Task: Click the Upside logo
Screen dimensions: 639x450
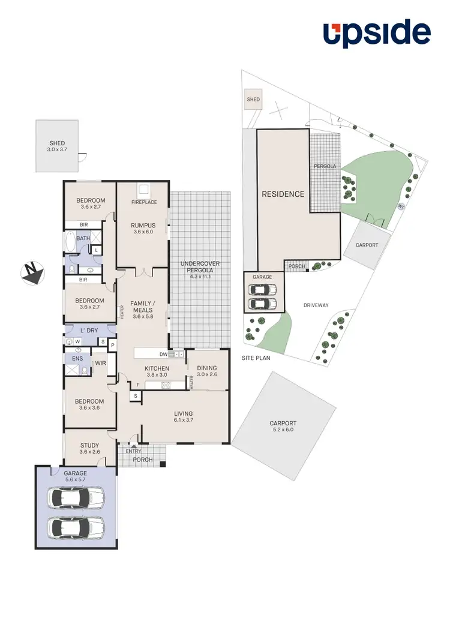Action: (377, 34)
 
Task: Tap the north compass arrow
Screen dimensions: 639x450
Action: (32, 273)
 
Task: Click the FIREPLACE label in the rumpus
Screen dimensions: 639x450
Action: (144, 202)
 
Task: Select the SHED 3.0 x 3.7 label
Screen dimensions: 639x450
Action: (57, 147)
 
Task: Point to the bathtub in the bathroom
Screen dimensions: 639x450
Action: (71, 242)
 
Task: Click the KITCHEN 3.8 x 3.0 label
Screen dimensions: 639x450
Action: (157, 372)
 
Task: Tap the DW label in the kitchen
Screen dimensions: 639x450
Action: (163, 355)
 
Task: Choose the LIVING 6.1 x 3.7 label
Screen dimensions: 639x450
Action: (184, 417)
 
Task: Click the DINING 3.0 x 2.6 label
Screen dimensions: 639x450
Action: (207, 372)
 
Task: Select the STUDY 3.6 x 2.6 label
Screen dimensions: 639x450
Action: (89, 449)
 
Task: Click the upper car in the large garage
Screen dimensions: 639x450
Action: (76, 497)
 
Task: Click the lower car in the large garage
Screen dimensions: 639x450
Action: (76, 528)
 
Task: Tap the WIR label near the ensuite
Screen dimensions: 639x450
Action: (100, 364)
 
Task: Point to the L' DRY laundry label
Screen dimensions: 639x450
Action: (89, 331)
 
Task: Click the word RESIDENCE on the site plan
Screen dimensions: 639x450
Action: (283, 194)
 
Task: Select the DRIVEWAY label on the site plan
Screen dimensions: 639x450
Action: (316, 305)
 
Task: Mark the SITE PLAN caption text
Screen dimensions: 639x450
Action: (256, 358)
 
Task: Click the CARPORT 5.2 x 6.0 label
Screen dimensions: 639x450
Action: (283, 427)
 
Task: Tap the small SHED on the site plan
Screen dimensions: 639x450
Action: (253, 100)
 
